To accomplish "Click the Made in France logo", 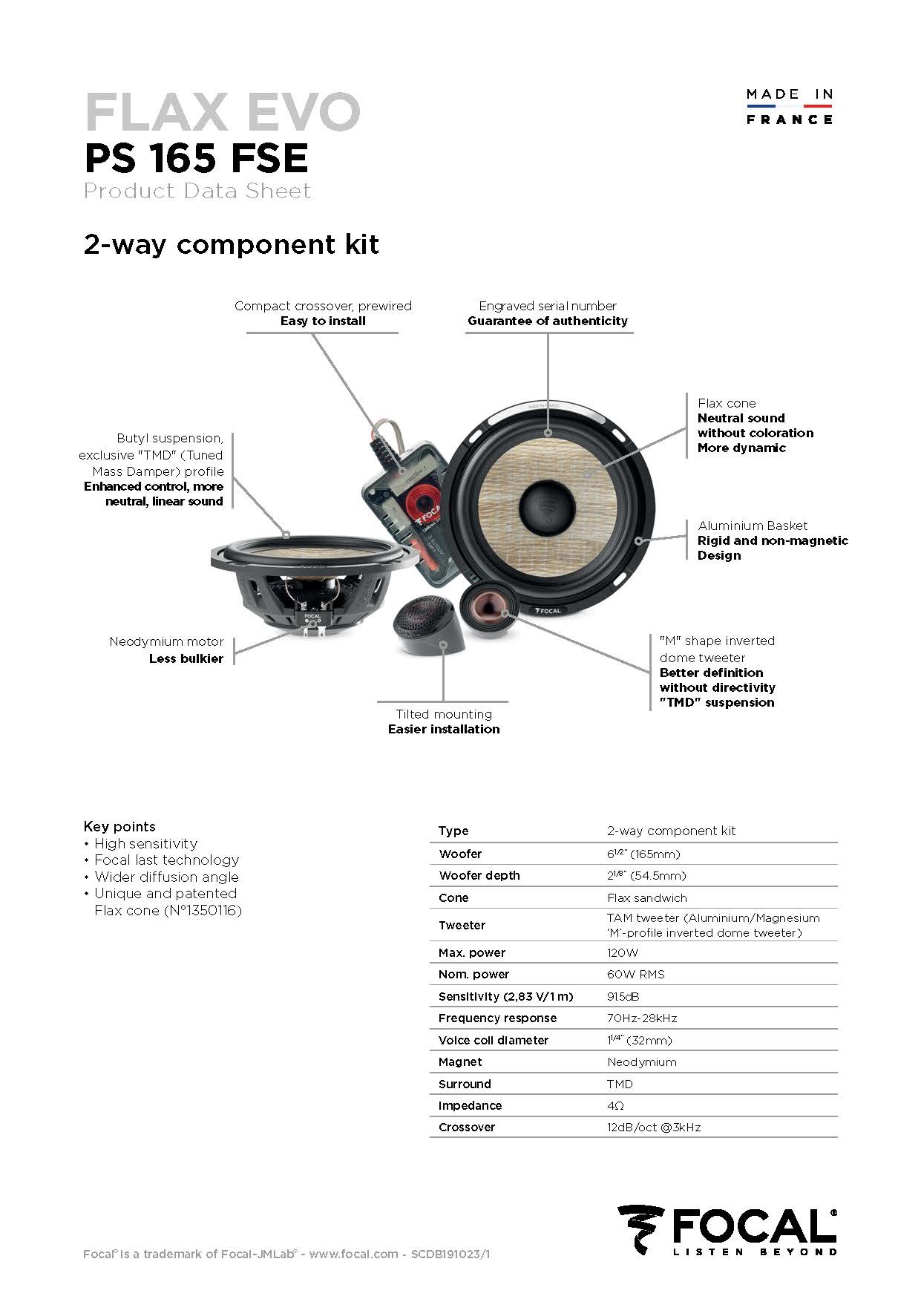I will tap(790, 106).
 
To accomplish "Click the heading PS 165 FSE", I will tap(196, 157).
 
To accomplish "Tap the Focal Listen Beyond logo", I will tap(727, 1230).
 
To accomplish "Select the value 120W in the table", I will tap(622, 952).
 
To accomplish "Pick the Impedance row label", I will tap(470, 1105).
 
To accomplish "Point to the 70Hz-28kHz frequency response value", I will tap(642, 1018).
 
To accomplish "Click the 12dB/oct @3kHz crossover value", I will tap(654, 1127).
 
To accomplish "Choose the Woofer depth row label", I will tap(479, 875).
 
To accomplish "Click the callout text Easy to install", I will tap(323, 321).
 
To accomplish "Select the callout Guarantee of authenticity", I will tap(548, 321).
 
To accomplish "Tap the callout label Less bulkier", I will tap(186, 658).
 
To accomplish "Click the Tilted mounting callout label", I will tap(444, 714).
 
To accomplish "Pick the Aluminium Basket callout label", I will tap(753, 526).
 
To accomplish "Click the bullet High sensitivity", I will tap(145, 843).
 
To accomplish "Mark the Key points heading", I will tap(119, 826).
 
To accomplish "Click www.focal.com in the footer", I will tap(353, 1254).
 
